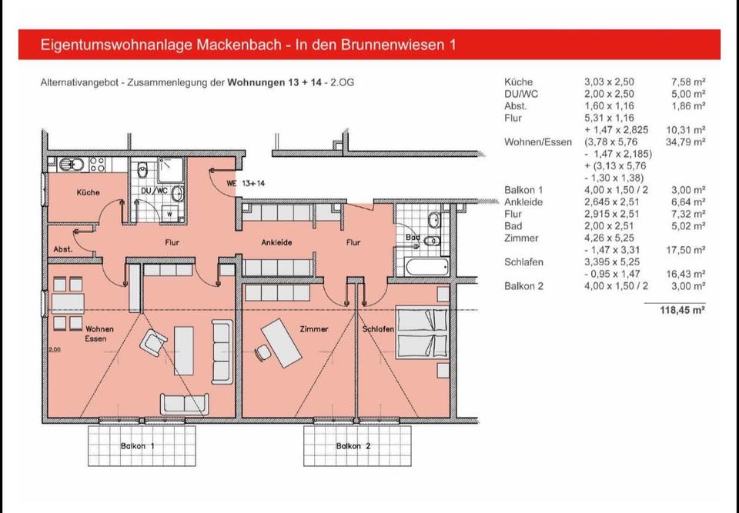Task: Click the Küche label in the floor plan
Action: coord(88,192)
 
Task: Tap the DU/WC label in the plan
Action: coord(154,190)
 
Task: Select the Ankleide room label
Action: coord(276,242)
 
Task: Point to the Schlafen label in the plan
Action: coord(378,329)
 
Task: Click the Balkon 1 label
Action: coord(138,446)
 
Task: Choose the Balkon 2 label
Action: coord(353,446)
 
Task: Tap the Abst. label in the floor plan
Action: coord(63,249)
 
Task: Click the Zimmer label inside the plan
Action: coord(313,329)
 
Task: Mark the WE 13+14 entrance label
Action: coord(246,183)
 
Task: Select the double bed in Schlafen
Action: coord(422,332)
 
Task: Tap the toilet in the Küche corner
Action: coord(65,164)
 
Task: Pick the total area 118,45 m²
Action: coord(683,310)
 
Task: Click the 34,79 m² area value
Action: coord(688,142)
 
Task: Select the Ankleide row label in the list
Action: coord(523,202)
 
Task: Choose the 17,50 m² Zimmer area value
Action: coord(688,250)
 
